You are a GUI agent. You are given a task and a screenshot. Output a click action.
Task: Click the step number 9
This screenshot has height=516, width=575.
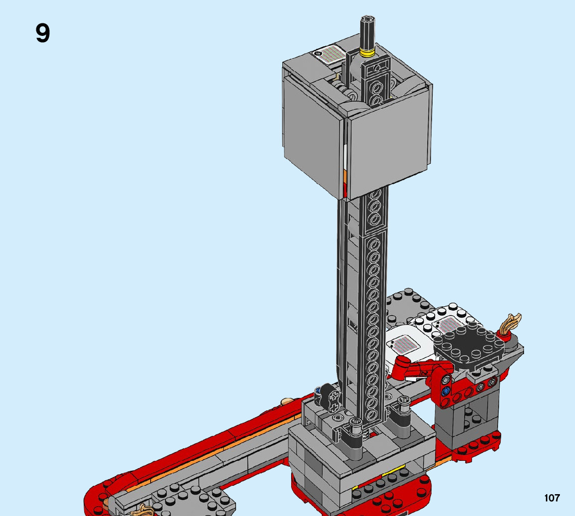click(43, 33)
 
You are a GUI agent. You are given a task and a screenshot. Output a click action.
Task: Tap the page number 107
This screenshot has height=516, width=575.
click(552, 498)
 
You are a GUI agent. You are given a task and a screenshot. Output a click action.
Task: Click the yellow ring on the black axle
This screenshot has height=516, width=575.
click(367, 53)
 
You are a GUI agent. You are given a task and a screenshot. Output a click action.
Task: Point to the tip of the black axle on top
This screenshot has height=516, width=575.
click(367, 19)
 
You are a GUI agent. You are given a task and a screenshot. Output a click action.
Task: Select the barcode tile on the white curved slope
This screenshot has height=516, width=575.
click(403, 343)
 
